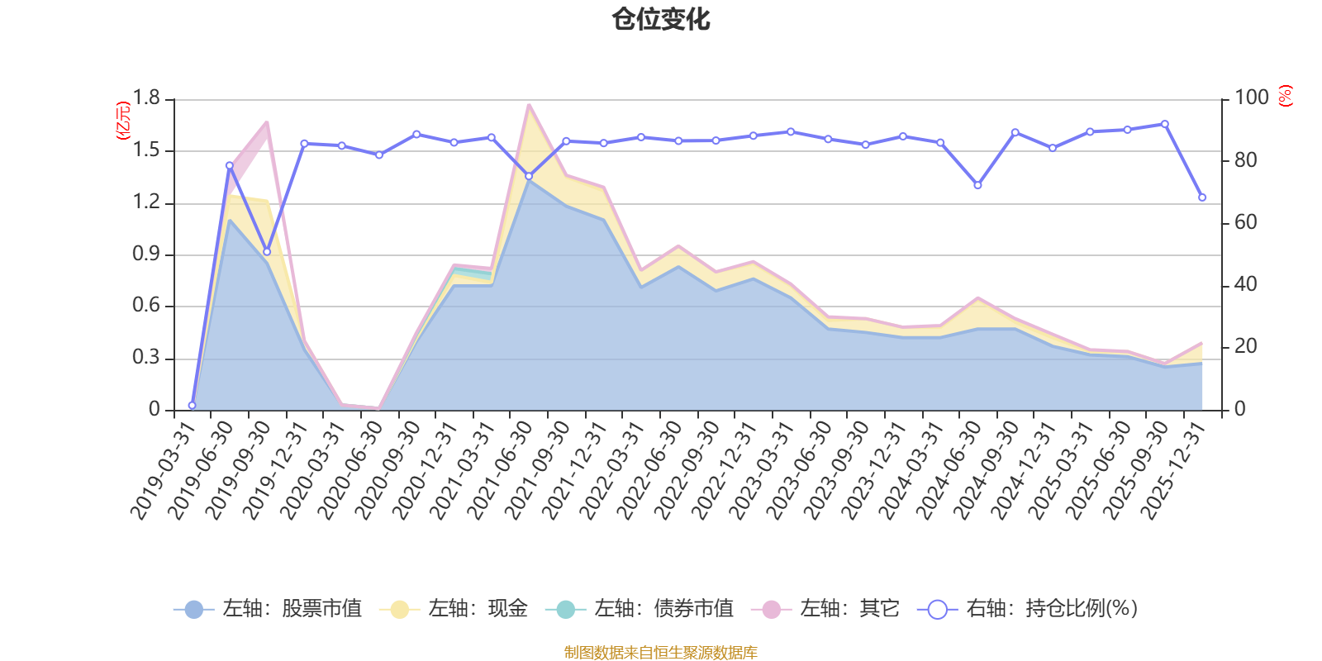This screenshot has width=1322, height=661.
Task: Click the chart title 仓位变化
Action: (661, 19)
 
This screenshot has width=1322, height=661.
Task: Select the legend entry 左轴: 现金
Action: (454, 609)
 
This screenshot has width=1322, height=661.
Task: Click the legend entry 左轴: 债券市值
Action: (640, 609)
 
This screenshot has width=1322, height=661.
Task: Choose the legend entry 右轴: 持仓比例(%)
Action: (1028, 609)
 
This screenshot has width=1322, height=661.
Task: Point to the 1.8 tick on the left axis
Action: (146, 98)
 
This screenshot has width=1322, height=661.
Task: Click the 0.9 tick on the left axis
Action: (146, 254)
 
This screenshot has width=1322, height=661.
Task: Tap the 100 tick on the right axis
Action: (1251, 98)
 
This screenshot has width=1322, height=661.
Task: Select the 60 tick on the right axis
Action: (1245, 223)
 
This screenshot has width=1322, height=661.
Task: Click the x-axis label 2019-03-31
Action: (163, 470)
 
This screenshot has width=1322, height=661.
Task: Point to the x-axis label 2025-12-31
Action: (1173, 470)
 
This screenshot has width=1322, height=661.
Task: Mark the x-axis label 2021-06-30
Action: (500, 470)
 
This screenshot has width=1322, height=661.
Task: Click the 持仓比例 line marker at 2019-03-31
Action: (192, 406)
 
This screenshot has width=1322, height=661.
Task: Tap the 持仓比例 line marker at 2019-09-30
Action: (267, 252)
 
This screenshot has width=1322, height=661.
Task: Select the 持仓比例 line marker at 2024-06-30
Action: (978, 186)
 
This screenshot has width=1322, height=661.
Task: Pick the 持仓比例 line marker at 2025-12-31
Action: (1202, 197)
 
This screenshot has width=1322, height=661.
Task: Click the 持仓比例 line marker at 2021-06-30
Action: (529, 176)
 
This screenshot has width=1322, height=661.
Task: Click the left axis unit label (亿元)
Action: (123, 121)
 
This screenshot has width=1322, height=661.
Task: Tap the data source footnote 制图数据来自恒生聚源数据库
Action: (661, 653)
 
